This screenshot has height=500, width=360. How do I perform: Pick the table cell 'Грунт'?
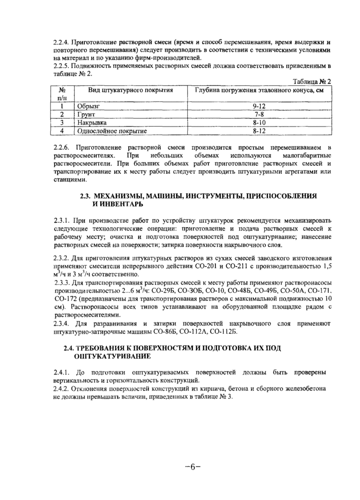click(86, 114)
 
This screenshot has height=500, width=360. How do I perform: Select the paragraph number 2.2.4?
click(61, 41)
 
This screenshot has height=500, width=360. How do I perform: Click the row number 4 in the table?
click(61, 131)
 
